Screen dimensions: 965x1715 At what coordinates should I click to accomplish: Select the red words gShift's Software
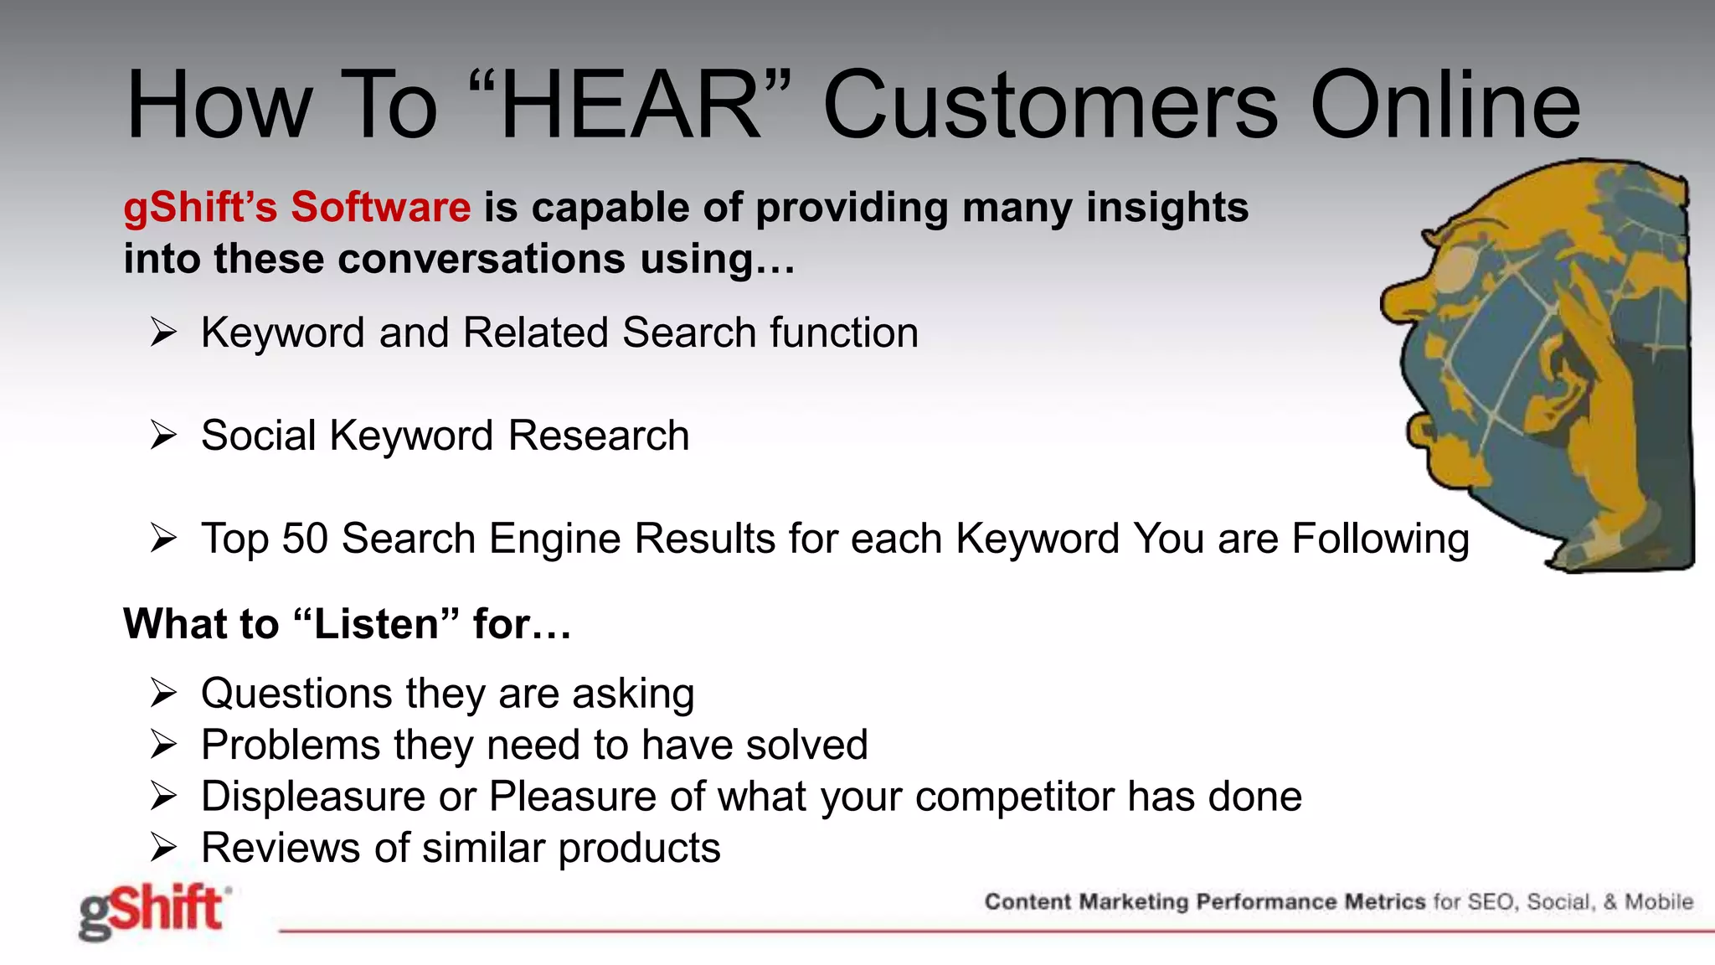click(x=297, y=207)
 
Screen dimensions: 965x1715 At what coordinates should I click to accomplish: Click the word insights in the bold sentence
click(x=1167, y=207)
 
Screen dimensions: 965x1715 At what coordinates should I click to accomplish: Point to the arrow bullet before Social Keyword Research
click(x=163, y=436)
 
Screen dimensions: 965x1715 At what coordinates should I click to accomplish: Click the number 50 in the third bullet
click(x=305, y=539)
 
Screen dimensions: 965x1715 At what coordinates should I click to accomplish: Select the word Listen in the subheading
click(x=376, y=624)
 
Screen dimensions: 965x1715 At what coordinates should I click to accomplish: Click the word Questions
click(x=296, y=694)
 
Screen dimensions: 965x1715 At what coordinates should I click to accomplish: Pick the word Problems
click(x=290, y=745)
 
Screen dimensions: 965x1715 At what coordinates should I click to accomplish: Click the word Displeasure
click(x=313, y=797)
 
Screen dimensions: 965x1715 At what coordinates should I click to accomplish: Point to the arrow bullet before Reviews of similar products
click(x=163, y=848)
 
